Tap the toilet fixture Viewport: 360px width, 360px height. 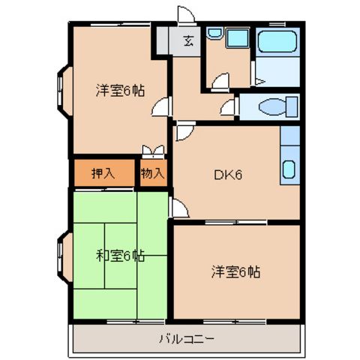click(x=268, y=107)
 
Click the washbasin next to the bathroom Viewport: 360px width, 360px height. click(x=216, y=34)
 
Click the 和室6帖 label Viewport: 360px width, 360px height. click(x=120, y=256)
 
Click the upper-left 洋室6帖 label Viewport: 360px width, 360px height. click(x=120, y=90)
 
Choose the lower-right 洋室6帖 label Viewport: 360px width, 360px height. click(x=235, y=271)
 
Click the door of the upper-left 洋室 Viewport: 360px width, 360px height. click(x=160, y=109)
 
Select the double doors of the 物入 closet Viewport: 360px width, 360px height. click(x=152, y=151)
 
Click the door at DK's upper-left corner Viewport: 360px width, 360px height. click(x=183, y=133)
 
